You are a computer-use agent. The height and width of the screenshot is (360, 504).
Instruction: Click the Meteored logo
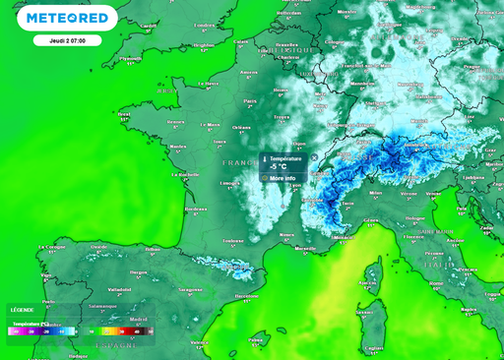[x=67, y=18]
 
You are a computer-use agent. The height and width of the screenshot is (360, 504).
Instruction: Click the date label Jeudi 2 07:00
[x=66, y=41]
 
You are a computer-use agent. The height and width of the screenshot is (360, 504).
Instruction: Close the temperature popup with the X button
[x=314, y=157]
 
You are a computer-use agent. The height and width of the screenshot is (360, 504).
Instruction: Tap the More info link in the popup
[x=283, y=178]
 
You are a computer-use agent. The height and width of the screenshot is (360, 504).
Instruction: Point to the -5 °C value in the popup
[x=279, y=167]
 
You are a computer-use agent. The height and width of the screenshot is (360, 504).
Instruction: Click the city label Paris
[x=249, y=100]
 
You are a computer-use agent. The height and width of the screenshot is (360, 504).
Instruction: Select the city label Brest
[x=124, y=114]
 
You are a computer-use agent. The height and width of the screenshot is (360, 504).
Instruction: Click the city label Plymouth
[x=130, y=58]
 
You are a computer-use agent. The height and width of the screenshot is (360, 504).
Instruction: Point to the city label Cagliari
[x=373, y=346]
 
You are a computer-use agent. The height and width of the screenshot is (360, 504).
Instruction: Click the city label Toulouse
[x=233, y=239]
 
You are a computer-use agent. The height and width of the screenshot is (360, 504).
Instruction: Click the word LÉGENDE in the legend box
[x=22, y=309]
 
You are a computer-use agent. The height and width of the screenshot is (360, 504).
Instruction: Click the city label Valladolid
[x=119, y=289]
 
